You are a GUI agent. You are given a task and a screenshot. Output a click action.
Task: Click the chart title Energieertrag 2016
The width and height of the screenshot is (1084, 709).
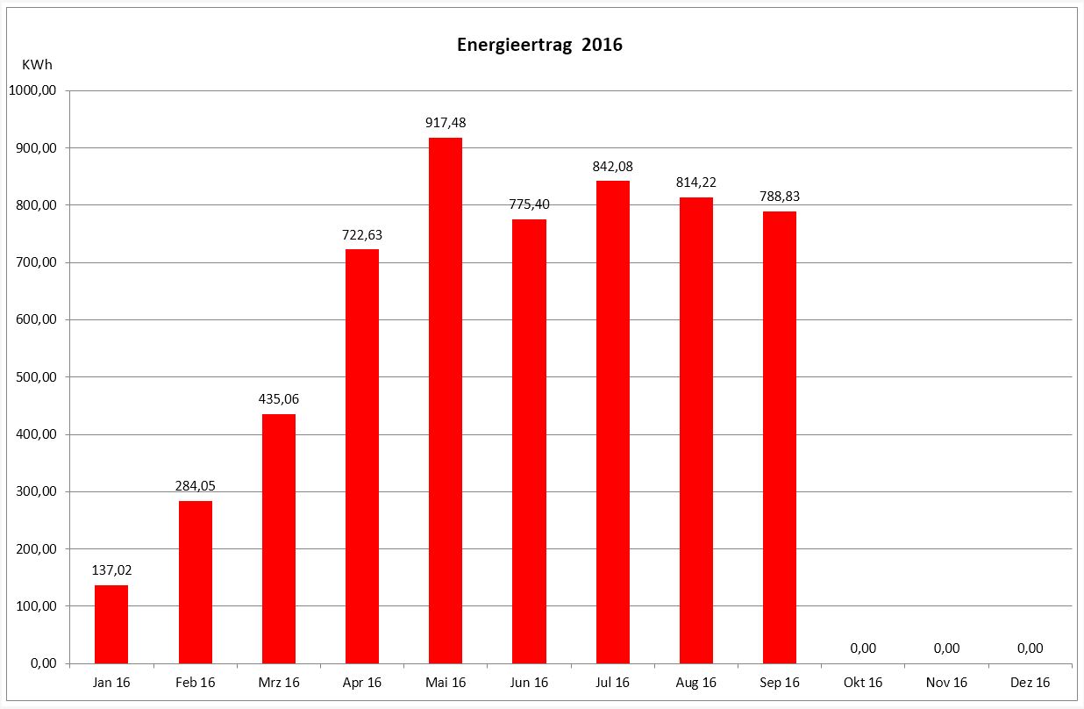click(539, 46)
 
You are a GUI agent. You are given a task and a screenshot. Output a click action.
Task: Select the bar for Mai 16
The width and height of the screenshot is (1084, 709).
click(446, 400)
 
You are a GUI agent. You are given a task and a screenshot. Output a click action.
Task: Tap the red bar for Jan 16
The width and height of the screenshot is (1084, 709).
click(111, 624)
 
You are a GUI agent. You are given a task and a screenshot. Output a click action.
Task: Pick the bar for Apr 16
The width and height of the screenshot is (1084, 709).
click(362, 456)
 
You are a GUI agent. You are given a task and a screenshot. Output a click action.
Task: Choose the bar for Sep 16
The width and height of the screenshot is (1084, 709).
click(780, 437)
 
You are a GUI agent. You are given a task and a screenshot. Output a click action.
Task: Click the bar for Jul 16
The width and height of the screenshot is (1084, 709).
click(612, 422)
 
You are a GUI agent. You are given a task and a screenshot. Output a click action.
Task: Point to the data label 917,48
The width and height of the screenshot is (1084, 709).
click(446, 123)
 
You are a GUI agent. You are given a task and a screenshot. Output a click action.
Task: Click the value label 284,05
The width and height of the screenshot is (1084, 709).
click(195, 485)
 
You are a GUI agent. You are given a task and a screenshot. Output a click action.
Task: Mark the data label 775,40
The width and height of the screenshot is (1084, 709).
click(529, 204)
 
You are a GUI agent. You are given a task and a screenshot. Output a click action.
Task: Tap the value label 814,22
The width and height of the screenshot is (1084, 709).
click(696, 183)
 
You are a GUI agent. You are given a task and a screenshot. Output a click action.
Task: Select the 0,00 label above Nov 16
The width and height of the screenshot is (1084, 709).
click(946, 648)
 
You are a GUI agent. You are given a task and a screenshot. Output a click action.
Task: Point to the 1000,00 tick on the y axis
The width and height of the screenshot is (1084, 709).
click(32, 91)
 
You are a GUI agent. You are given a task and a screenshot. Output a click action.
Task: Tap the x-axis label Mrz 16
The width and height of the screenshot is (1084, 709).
click(279, 683)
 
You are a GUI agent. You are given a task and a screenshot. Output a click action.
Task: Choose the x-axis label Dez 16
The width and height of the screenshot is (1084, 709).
click(1031, 683)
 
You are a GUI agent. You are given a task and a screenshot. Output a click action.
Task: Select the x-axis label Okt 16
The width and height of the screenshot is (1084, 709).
click(863, 683)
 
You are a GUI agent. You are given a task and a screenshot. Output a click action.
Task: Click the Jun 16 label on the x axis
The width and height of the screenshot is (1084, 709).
click(529, 683)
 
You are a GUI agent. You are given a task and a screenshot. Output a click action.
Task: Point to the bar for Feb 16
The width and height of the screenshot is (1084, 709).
click(195, 582)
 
